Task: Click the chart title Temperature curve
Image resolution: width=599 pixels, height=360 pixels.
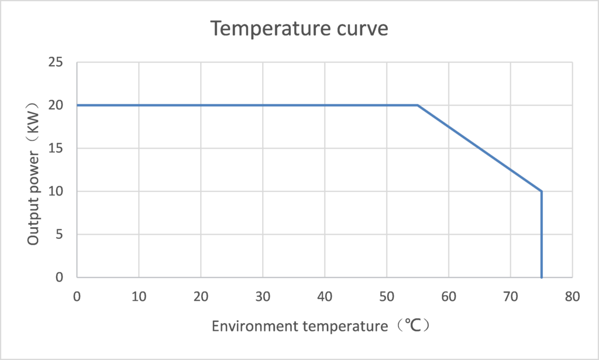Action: [x=299, y=28]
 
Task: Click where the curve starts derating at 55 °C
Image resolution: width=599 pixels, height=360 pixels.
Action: [x=418, y=105]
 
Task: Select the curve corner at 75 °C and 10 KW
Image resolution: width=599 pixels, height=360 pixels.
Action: [x=542, y=191]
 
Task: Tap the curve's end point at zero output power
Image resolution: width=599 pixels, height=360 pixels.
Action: [x=542, y=277]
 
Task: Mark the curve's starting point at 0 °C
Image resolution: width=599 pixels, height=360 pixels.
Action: [x=77, y=105]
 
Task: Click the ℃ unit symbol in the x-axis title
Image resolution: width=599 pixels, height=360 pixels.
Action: [x=413, y=325]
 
